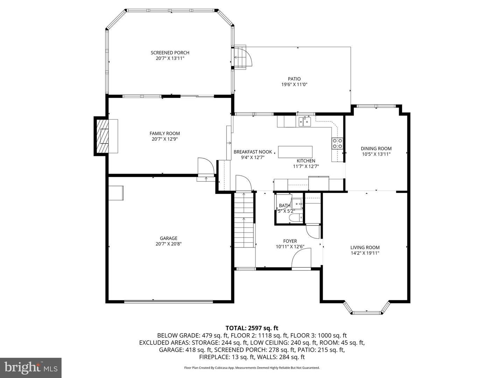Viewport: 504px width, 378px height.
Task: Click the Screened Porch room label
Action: click(170, 52)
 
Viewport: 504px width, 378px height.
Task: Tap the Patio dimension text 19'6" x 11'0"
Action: click(294, 84)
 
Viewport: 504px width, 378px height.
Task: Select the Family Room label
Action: click(164, 133)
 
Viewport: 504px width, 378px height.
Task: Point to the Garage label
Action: click(169, 238)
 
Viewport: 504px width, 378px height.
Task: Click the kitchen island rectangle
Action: click(295, 152)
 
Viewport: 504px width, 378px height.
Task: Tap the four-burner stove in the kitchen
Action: click(337, 143)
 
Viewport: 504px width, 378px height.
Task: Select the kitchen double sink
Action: click(305, 121)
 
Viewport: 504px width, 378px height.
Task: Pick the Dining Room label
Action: click(376, 148)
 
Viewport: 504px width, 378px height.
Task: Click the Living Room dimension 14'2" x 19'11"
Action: click(365, 253)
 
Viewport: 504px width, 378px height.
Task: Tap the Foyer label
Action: click(290, 241)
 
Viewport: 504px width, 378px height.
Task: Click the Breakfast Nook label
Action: click(253, 152)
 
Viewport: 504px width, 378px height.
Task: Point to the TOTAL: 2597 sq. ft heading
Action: click(252, 328)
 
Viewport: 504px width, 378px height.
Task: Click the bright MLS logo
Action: click(31, 367)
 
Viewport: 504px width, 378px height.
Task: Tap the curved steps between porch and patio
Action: click(243, 58)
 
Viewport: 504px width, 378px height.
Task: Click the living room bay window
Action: click(366, 310)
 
